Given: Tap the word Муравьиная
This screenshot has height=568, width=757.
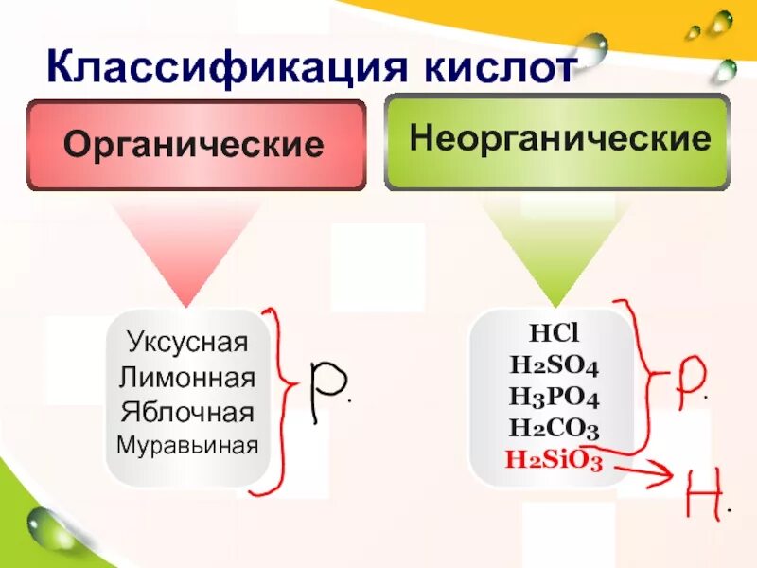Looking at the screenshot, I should (x=187, y=443).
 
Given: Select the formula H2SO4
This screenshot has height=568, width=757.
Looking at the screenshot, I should (x=553, y=365).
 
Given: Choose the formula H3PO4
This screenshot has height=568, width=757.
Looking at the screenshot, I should (x=553, y=397).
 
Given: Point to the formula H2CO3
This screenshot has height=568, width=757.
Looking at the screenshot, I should (x=553, y=428).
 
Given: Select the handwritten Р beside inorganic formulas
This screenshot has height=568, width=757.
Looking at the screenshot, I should (x=689, y=379).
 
